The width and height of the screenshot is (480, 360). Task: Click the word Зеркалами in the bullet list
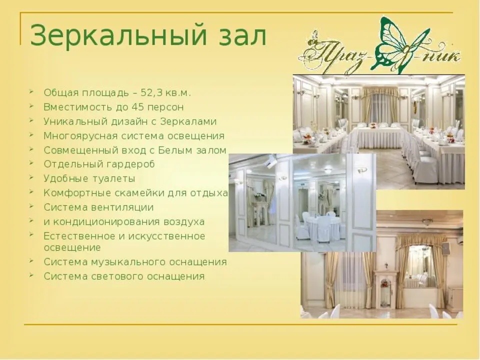(188, 121)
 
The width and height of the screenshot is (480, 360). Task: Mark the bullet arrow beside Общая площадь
(31, 90)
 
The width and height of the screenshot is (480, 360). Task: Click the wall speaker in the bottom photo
(445, 247)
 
